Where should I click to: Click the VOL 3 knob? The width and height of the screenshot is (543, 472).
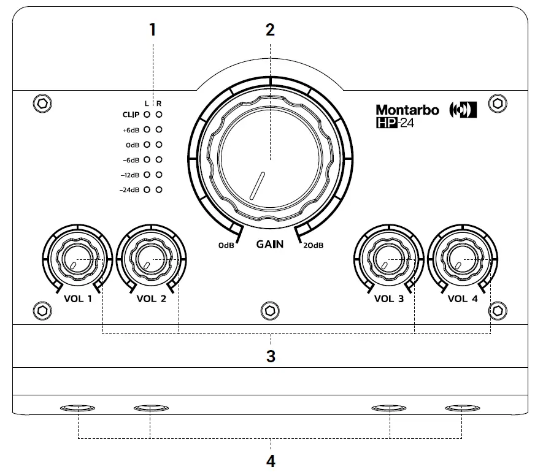coord(388,260)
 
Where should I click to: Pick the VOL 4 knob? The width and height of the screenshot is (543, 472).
coord(461,260)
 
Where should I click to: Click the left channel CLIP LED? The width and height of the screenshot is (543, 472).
coord(147,114)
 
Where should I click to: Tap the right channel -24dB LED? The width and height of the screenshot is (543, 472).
coord(159,191)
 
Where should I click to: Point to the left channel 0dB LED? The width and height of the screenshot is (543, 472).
coord(147,145)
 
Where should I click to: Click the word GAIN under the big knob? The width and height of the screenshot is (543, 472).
coord(270,244)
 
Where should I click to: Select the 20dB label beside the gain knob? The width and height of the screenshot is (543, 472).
coord(313,245)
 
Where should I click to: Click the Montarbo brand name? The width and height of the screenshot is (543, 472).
coord(407,110)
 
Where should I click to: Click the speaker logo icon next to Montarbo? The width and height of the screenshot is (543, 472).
coord(463,110)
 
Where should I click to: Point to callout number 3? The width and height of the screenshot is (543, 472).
coord(271,356)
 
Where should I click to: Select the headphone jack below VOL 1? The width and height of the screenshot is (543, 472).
coord(78,408)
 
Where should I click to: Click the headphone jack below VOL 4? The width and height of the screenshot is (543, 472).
coord(462,408)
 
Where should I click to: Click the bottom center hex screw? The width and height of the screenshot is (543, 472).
coord(268,310)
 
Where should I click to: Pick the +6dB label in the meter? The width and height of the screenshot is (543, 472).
coord(131,130)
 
